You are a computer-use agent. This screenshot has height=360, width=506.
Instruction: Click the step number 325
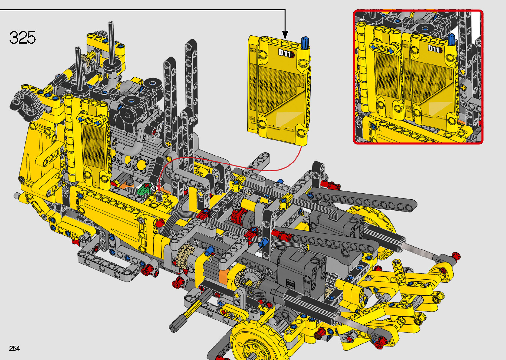click(x=22, y=37)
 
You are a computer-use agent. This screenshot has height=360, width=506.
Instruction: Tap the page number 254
click(x=15, y=348)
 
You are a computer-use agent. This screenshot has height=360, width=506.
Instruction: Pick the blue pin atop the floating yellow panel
click(x=305, y=42)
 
